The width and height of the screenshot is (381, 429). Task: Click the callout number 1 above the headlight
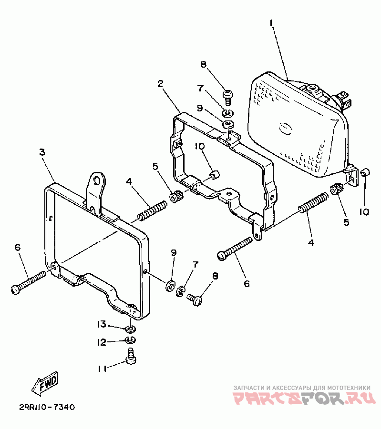click(x=271, y=22)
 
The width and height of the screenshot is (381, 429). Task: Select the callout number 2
click(x=161, y=83)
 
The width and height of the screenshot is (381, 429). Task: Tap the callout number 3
click(x=42, y=152)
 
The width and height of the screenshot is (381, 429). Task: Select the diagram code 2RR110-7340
click(x=47, y=408)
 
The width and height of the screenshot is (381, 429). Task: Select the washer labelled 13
click(x=130, y=329)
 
